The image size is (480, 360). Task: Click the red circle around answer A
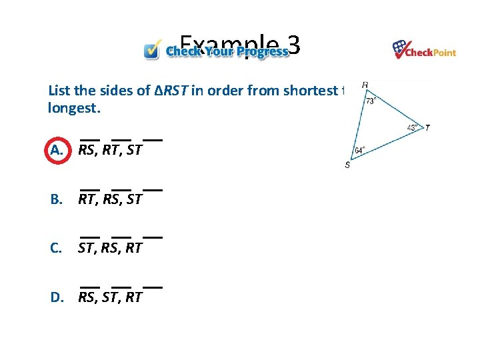(x=57, y=150)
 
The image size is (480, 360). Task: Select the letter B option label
(x=57, y=199)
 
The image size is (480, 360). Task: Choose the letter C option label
(x=57, y=248)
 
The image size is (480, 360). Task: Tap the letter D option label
(x=57, y=297)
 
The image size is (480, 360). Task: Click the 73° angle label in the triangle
(x=371, y=101)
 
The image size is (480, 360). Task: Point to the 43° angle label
(x=413, y=128)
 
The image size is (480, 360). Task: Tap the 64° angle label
(x=359, y=151)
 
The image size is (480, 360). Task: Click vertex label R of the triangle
(x=365, y=85)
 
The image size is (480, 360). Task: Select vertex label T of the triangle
(x=427, y=127)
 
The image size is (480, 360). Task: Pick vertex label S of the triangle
(x=347, y=165)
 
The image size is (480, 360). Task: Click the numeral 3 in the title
(x=294, y=45)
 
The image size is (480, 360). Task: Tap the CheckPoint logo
(x=424, y=49)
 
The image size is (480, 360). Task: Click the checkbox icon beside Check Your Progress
(x=153, y=49)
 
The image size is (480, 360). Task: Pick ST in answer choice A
(x=133, y=150)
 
